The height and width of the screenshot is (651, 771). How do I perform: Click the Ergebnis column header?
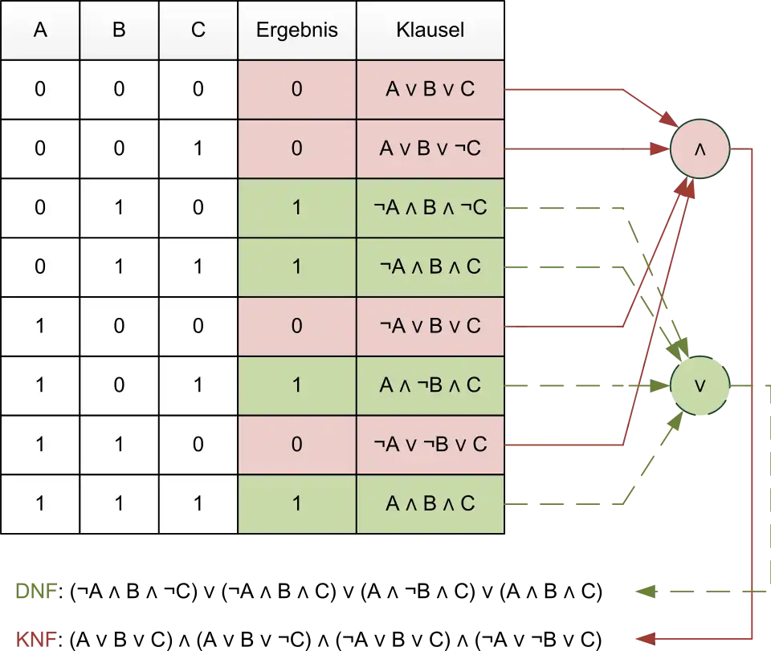[x=297, y=31]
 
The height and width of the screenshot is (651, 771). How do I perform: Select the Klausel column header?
[x=430, y=31]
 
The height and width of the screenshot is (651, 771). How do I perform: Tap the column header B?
[x=119, y=31]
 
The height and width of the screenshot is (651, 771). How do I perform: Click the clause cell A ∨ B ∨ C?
[x=430, y=89]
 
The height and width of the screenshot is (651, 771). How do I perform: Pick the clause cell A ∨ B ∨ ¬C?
[x=430, y=149]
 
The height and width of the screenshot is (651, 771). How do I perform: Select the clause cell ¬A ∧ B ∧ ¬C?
[x=430, y=208]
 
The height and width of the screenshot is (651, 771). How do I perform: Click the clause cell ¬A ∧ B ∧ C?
[x=430, y=267]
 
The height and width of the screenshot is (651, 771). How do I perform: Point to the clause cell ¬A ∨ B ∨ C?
[x=430, y=326]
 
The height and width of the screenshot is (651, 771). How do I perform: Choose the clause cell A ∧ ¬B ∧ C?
[x=430, y=385]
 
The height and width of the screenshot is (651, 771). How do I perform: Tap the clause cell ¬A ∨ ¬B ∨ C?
[x=430, y=445]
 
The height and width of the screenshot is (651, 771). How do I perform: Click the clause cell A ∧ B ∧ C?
[x=430, y=503]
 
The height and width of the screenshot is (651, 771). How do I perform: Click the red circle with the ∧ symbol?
[x=700, y=149]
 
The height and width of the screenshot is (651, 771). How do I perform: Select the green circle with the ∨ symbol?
[x=700, y=385]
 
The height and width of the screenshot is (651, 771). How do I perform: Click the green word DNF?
[x=36, y=591]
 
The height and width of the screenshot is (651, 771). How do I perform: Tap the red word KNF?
[x=36, y=640]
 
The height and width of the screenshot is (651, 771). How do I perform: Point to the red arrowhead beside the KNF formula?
[x=646, y=639]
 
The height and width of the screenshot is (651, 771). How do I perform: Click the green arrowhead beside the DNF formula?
[x=646, y=592]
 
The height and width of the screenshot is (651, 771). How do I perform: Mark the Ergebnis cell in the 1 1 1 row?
[x=297, y=503]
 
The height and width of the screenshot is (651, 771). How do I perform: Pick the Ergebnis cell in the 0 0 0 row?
[x=297, y=89]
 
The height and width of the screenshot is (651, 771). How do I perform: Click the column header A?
[x=40, y=31]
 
